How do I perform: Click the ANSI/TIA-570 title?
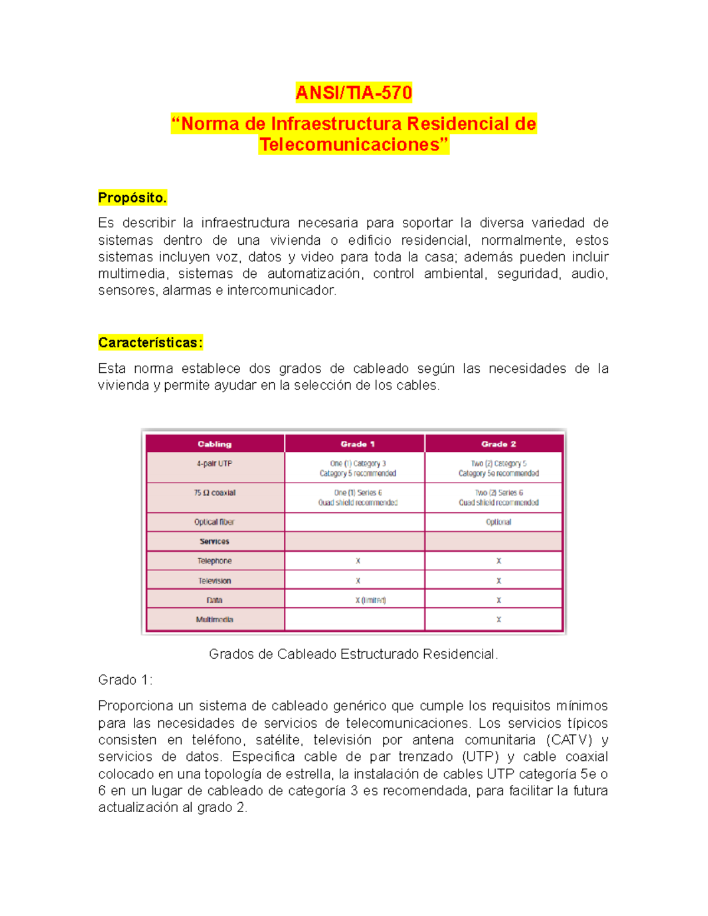click(353, 93)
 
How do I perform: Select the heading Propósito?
click(132, 198)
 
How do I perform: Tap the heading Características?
click(150, 343)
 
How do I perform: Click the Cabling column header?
click(215, 444)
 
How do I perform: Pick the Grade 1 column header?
click(358, 444)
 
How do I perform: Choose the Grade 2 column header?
click(499, 444)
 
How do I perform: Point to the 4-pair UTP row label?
click(215, 464)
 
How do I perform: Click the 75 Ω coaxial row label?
click(215, 493)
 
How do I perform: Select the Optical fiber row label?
click(215, 522)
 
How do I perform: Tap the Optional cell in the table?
click(499, 522)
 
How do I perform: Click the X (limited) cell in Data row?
click(371, 600)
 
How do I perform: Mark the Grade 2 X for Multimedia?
click(499, 620)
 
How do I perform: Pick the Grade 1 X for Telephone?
click(358, 561)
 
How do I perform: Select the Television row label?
click(215, 581)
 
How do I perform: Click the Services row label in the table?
click(215, 541)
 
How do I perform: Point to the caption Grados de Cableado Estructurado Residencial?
click(353, 654)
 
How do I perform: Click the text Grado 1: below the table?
click(125, 680)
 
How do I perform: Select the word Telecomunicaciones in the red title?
click(353, 145)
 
